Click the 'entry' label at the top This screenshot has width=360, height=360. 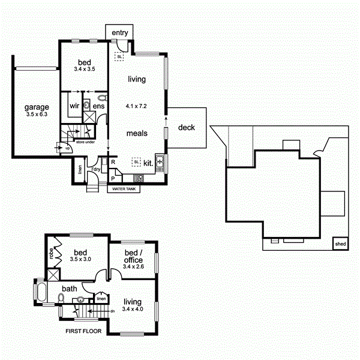pos(120,31)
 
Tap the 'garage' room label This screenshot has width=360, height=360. pos(37,107)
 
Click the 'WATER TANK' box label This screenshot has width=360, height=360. pos(123,188)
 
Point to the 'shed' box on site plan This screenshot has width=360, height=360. pos(341,244)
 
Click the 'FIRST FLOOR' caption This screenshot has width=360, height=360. pos(83,331)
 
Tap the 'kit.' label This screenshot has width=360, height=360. pos(148,163)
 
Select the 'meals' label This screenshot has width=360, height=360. pos(137,133)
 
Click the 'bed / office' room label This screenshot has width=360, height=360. pos(133,256)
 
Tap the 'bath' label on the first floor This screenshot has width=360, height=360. pos(70,289)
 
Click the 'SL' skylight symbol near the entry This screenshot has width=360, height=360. pos(120,56)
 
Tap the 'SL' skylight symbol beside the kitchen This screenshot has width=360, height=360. pos(136,162)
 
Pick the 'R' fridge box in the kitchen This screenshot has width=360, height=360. pos(113,162)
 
